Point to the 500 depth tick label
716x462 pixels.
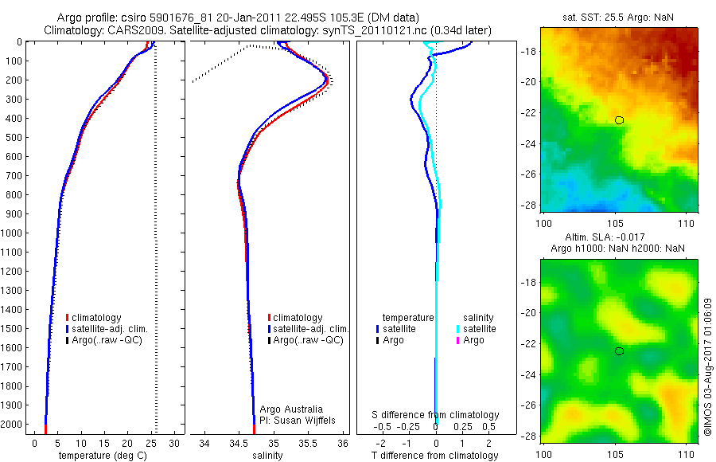[12, 137]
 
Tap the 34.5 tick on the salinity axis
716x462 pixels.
[239, 442]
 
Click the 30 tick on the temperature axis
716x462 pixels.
[175, 442]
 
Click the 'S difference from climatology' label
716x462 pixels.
[436, 415]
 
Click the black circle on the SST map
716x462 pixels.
[619, 120]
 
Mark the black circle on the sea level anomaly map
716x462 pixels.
[619, 351]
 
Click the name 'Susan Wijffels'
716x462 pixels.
[298, 420]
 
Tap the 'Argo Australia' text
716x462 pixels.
[291, 409]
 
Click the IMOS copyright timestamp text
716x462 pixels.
[708, 367]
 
